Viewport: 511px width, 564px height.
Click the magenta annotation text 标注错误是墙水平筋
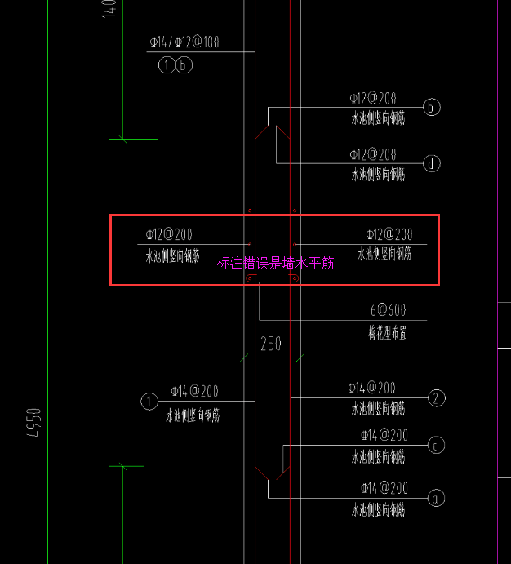point(275,263)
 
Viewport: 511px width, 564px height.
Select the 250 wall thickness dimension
point(271,344)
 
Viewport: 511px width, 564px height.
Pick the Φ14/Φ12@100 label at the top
point(184,42)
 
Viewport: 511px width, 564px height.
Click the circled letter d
point(432,163)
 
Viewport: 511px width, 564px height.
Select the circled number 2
point(437,398)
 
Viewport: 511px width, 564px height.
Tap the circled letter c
point(437,445)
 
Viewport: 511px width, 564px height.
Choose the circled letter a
point(437,496)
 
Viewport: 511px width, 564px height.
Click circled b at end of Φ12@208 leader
point(432,107)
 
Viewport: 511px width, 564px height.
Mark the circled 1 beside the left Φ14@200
point(149,401)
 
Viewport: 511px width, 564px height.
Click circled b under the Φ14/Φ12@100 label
point(184,65)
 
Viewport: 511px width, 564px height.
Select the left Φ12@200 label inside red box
point(169,234)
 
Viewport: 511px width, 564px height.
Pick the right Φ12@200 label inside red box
point(389,234)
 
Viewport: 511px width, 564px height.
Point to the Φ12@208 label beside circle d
point(373,153)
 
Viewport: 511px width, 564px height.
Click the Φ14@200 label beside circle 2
point(371,388)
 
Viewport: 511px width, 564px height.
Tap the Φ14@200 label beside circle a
point(384,488)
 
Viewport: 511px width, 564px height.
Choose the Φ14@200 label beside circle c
point(384,435)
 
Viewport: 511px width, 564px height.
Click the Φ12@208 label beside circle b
point(373,98)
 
